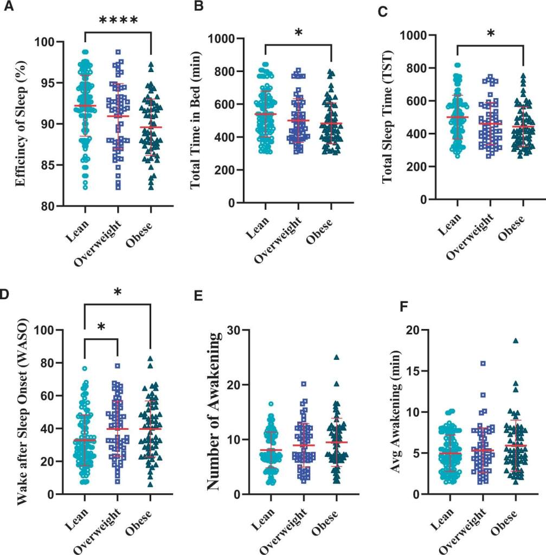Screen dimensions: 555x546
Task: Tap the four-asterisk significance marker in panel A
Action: point(118,21)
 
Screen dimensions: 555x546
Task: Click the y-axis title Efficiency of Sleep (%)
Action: point(22,124)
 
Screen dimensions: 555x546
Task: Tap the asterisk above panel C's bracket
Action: point(491,34)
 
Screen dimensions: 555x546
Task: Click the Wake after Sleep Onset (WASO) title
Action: point(22,412)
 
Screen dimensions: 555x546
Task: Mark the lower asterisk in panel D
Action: point(101,327)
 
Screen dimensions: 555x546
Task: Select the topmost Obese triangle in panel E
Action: point(337,357)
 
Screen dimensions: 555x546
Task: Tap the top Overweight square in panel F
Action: point(482,363)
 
